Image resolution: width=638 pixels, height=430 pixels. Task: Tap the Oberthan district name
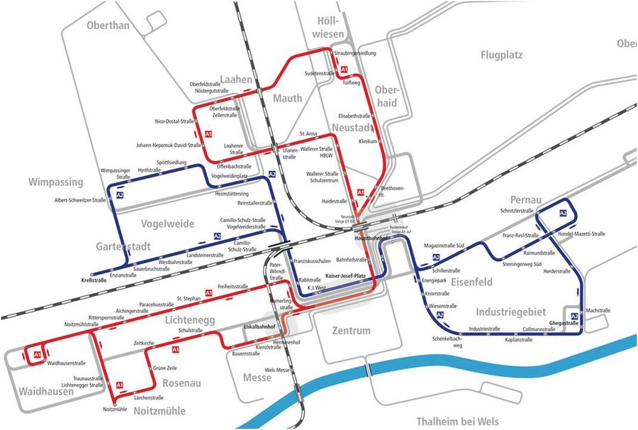pyautogui.click(x=108, y=26)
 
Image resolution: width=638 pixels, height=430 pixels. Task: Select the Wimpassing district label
pyautogui.click(x=56, y=182)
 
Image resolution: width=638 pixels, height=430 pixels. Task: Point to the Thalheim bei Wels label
pyautogui.click(x=457, y=421)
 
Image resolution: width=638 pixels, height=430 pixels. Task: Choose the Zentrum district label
pyautogui.click(x=351, y=331)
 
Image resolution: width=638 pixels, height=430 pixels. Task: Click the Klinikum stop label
pyautogui.click(x=367, y=142)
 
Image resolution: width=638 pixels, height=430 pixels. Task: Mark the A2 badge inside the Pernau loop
pyautogui.click(x=563, y=213)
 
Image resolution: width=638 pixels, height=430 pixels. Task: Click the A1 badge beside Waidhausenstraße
pyautogui.click(x=37, y=353)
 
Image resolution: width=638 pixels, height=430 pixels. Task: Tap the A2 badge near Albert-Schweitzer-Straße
pyautogui.click(x=120, y=195)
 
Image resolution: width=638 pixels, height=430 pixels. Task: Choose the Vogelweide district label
pyautogui.click(x=167, y=224)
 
